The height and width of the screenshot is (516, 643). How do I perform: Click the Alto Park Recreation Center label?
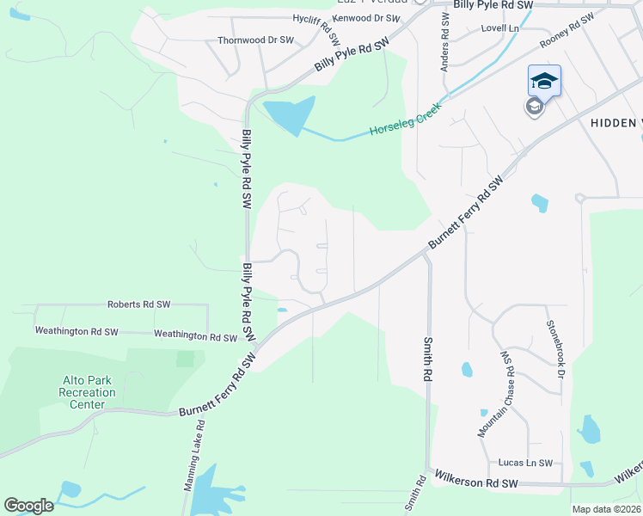coord(88,392)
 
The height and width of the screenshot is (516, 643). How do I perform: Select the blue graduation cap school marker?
coord(544,81)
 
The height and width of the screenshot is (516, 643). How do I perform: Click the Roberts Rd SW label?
coord(138,304)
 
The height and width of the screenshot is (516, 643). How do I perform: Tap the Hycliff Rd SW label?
coord(328,29)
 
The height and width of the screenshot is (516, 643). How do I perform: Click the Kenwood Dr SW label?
coord(365,17)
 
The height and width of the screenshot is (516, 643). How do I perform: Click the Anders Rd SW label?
coord(445,40)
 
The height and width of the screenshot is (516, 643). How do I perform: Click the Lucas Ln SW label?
coord(525,463)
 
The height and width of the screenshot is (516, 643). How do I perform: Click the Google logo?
coord(28,506)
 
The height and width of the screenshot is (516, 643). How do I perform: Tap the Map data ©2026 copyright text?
coord(607,509)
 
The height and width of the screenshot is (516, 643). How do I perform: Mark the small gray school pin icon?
coord(534,107)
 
